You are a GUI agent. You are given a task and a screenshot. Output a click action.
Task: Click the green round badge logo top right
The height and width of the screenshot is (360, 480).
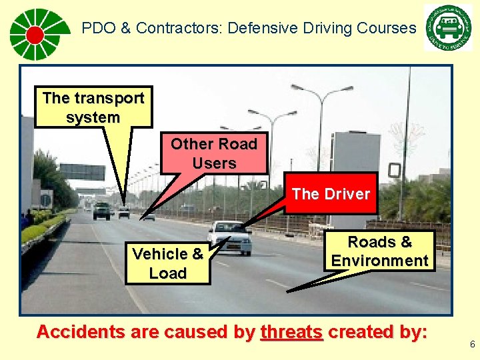(x=447, y=27)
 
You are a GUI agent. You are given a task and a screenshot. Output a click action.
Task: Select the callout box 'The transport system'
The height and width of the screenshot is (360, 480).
(x=93, y=107)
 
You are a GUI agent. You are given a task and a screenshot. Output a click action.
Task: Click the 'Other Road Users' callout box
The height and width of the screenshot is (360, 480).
(x=213, y=153)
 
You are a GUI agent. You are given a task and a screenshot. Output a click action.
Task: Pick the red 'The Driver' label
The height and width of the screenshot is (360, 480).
(x=331, y=194)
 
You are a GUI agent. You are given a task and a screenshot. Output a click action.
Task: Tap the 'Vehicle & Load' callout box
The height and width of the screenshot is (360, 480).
(x=168, y=263)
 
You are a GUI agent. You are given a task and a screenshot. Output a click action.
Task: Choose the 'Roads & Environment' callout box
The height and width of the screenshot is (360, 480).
(x=380, y=251)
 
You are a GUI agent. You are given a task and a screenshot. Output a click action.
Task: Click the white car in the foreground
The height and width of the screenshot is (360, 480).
(x=230, y=237)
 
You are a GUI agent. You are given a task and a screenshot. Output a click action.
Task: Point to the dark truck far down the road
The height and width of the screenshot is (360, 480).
(x=102, y=211)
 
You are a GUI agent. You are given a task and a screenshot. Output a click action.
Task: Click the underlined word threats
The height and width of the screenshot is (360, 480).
(x=292, y=332)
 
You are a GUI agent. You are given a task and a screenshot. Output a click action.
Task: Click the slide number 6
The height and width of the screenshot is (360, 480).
(x=472, y=345)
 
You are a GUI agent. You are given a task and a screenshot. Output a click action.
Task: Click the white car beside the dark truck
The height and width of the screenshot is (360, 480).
(x=124, y=212)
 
